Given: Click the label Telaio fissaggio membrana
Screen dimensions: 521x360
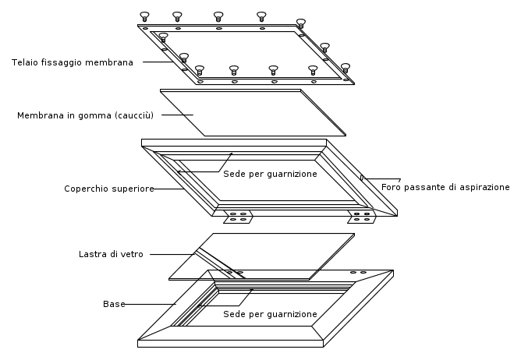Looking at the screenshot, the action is pos(73,62).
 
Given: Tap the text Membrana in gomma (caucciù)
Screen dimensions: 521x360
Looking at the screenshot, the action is pos(85,115).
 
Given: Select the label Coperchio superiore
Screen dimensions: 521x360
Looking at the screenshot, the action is pos(109,189).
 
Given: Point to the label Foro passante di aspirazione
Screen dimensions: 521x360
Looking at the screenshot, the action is pos(445,187).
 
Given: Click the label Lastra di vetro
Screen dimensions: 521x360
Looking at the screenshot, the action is pos(111,254).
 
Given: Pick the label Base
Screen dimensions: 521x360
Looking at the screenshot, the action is pos(114,304).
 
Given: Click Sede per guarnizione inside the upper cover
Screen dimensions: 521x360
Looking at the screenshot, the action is pos(270,174).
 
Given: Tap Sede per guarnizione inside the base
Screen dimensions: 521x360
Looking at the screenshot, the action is pos(270,314).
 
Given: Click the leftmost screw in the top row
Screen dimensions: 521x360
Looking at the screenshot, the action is pos(144,16).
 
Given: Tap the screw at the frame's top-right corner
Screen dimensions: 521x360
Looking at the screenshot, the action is pos(301,23).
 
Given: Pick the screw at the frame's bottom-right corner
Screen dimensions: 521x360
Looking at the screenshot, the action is pos(346,69).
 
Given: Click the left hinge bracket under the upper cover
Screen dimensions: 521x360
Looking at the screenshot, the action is pos(238,217).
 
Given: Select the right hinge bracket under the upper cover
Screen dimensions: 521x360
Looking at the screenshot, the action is pos(362,217).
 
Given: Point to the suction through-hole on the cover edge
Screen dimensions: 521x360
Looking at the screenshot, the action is pos(362,178).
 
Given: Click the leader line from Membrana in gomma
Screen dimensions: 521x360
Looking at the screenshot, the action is pos(177,115).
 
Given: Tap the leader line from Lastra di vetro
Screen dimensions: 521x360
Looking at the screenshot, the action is pos(172,254).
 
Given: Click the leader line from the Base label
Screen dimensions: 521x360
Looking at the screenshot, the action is pos(151,304).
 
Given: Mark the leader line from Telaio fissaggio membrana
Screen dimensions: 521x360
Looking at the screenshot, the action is pos(158,62).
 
